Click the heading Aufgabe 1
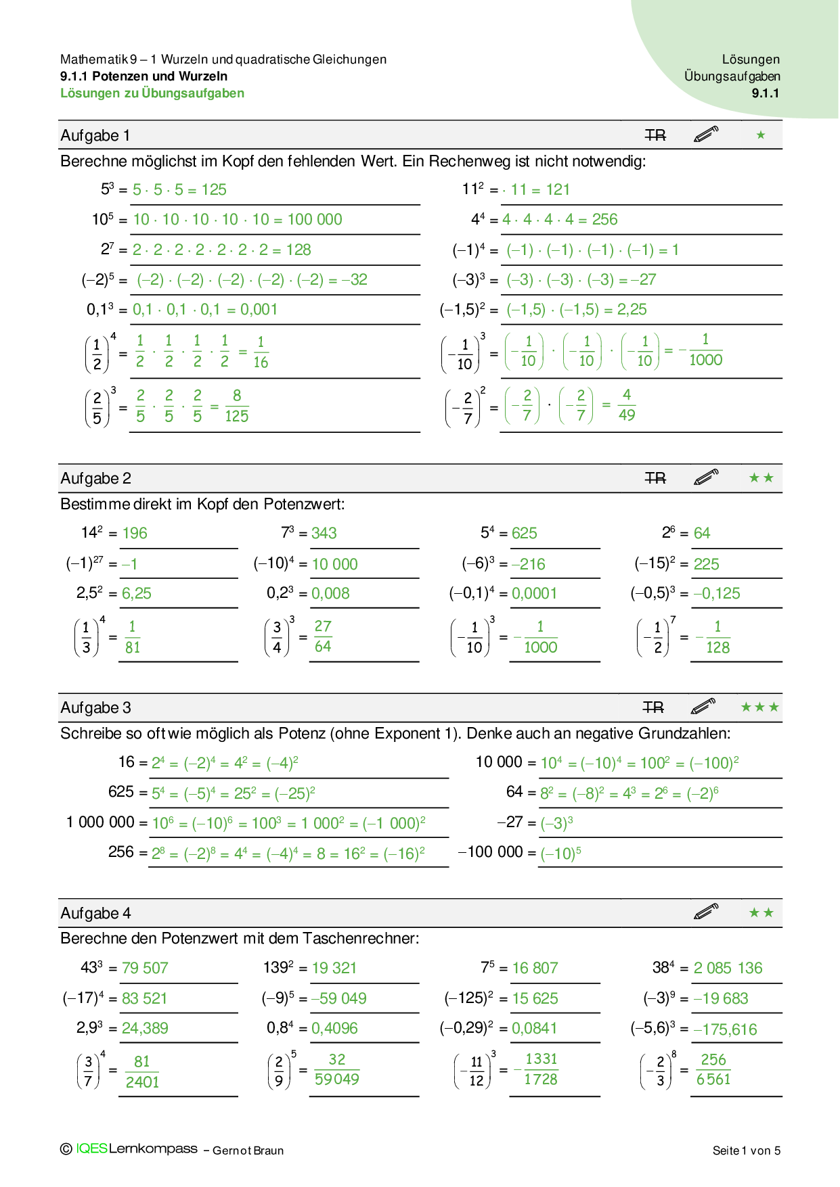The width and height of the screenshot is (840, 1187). [95, 135]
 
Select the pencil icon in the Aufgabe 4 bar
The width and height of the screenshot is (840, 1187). [706, 912]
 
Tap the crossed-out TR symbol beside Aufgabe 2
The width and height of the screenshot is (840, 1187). [655, 478]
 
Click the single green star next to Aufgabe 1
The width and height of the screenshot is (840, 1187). [761, 135]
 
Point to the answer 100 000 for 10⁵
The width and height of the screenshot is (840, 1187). [315, 220]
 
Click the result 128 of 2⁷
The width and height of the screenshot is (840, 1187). [299, 250]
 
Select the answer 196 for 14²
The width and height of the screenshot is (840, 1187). [135, 534]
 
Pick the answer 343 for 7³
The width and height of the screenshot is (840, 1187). [324, 534]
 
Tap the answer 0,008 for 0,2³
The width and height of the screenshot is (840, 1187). [330, 594]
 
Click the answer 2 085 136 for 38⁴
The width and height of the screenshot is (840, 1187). [728, 969]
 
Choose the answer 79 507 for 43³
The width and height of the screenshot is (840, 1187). [145, 969]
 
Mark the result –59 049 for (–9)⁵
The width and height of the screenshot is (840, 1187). [338, 999]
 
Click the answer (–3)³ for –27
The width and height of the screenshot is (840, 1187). [557, 823]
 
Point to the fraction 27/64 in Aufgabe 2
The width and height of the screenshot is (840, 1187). [323, 636]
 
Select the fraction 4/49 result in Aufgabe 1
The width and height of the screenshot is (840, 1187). [627, 404]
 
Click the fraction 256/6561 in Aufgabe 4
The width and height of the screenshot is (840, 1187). [713, 1069]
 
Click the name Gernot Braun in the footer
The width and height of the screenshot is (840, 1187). [248, 1150]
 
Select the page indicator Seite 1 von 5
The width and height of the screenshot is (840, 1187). [746, 1150]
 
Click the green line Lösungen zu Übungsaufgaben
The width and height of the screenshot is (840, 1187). [152, 93]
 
